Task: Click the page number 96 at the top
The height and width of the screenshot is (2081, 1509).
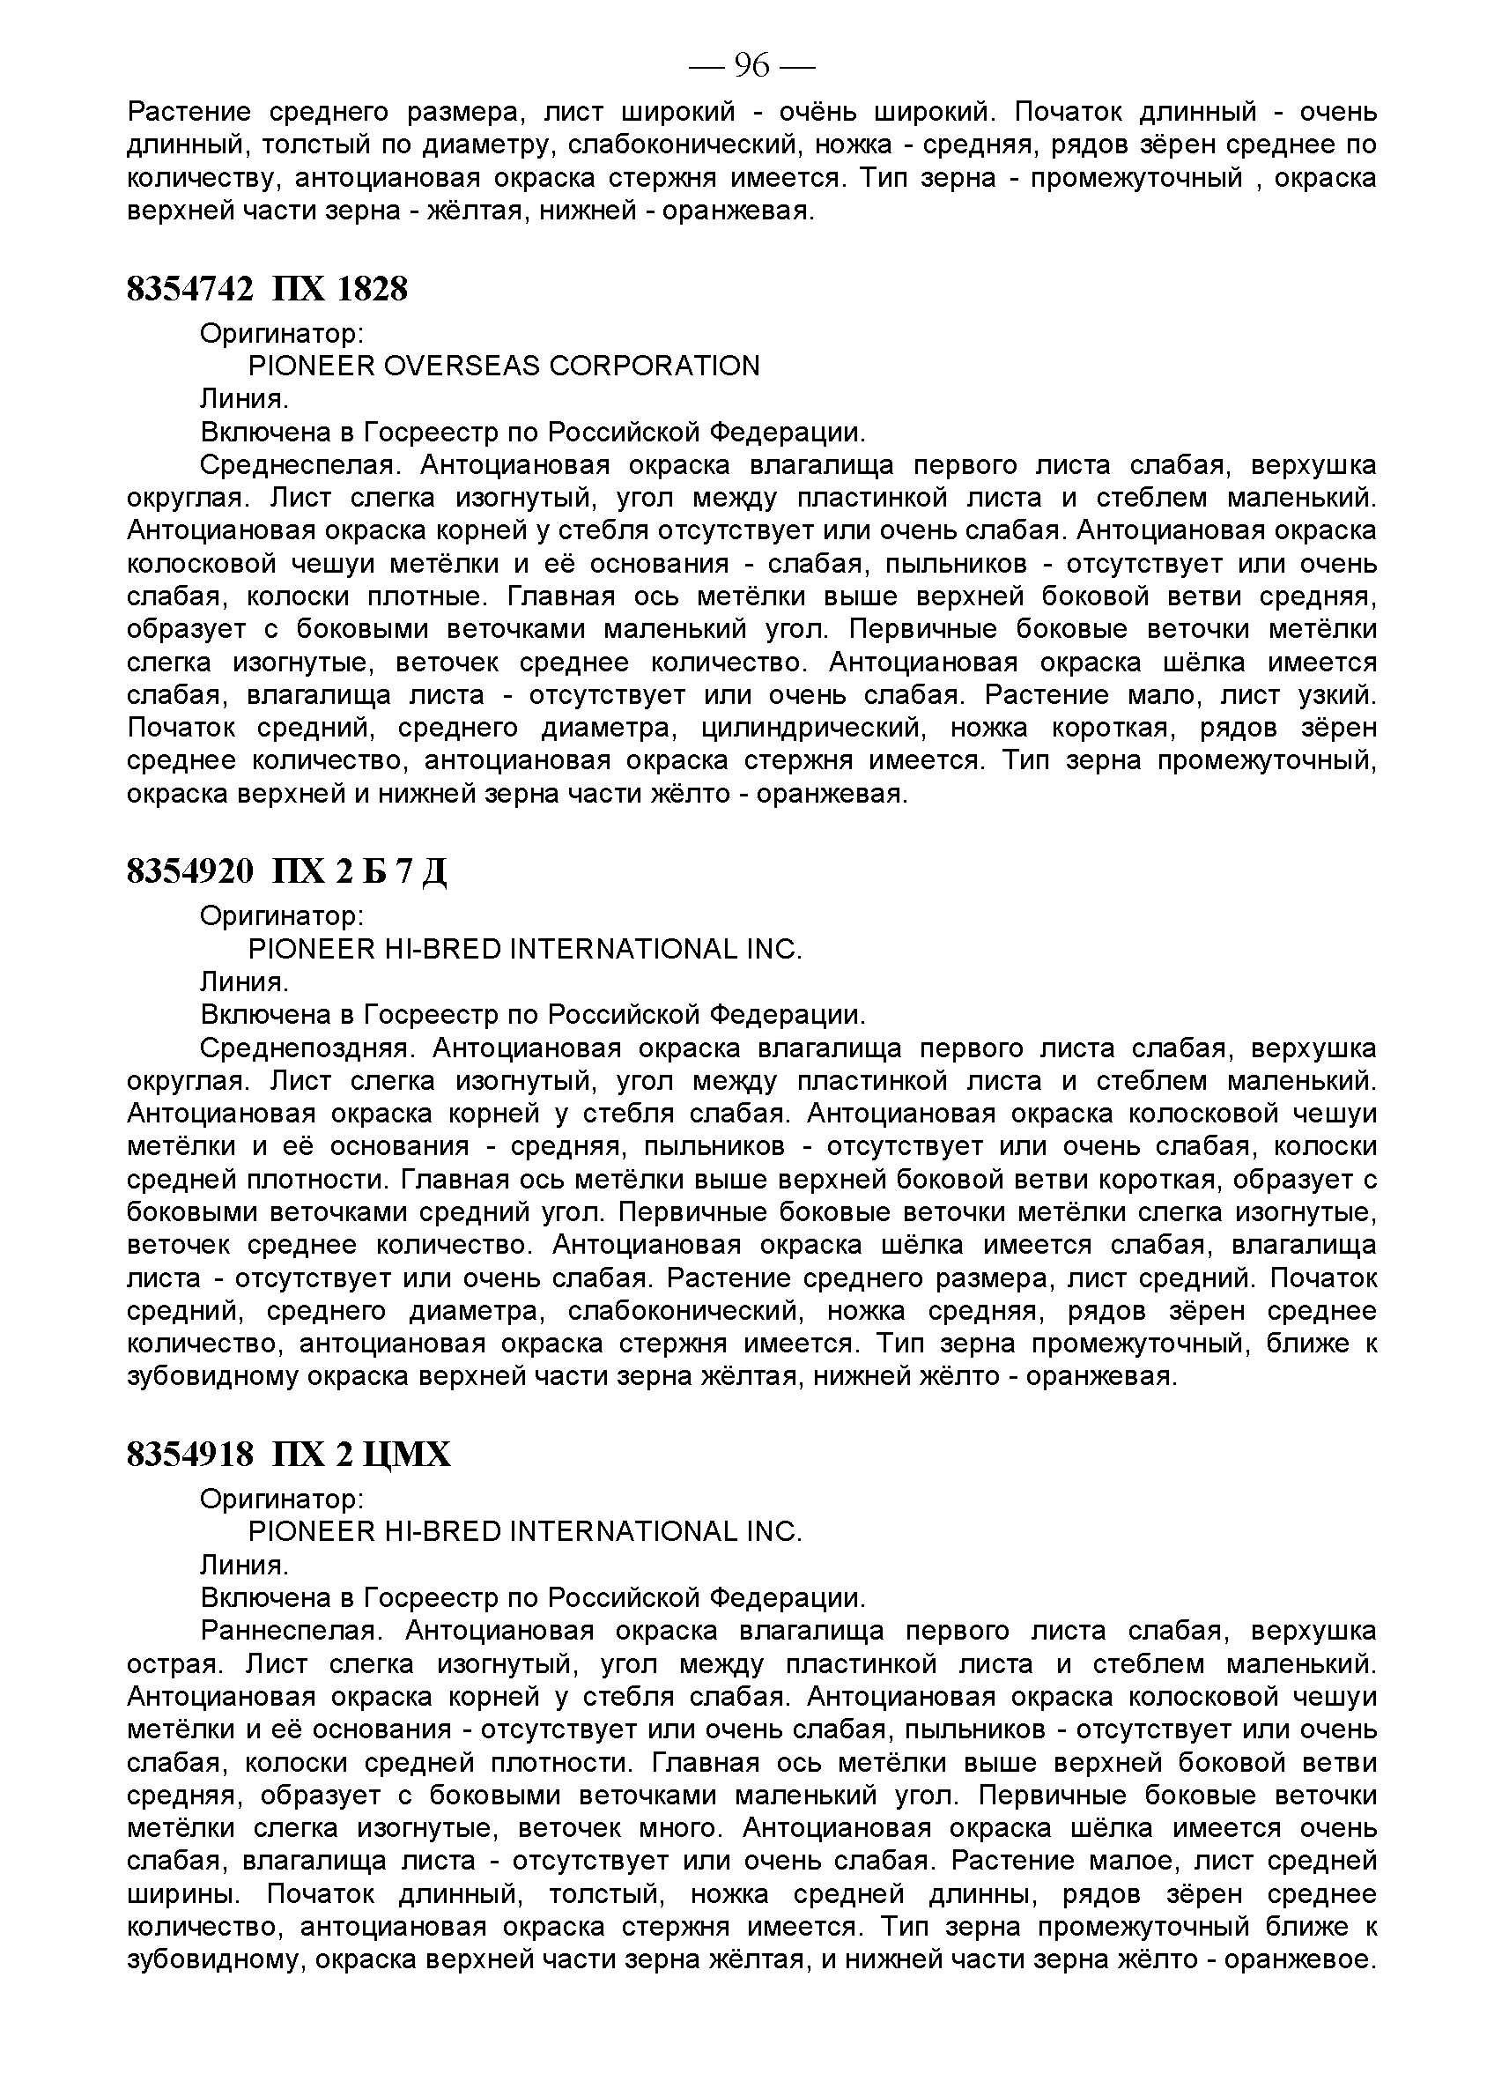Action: click(x=751, y=66)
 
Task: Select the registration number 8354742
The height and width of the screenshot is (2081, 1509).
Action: click(x=189, y=290)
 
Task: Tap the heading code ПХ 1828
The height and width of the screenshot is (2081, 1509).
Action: click(x=339, y=290)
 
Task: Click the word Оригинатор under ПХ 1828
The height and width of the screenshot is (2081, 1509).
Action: click(x=282, y=334)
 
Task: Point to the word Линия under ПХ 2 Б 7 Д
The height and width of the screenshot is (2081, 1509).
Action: click(x=243, y=982)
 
